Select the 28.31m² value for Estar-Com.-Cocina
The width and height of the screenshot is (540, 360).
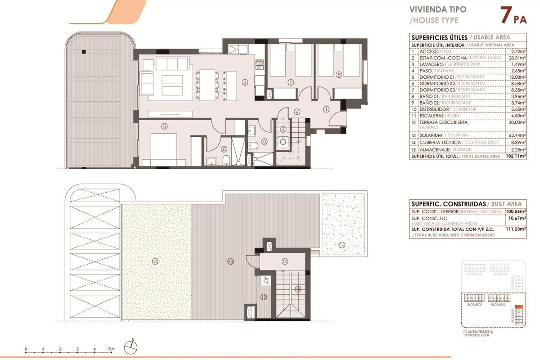[x=516, y=58]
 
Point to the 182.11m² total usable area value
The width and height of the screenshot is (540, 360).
[x=516, y=156]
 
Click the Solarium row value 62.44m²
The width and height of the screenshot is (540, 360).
[x=516, y=135]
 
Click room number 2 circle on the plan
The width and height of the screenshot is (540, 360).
[x=245, y=82]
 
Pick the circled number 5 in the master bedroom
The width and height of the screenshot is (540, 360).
[x=164, y=126]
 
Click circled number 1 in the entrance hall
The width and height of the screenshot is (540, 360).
[x=326, y=108]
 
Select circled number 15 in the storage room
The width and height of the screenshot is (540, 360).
[x=264, y=297]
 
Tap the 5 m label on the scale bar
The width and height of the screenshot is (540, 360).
[x=112, y=349]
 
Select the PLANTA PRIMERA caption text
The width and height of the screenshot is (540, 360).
[x=477, y=332]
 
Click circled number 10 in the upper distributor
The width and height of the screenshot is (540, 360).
[x=284, y=261]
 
